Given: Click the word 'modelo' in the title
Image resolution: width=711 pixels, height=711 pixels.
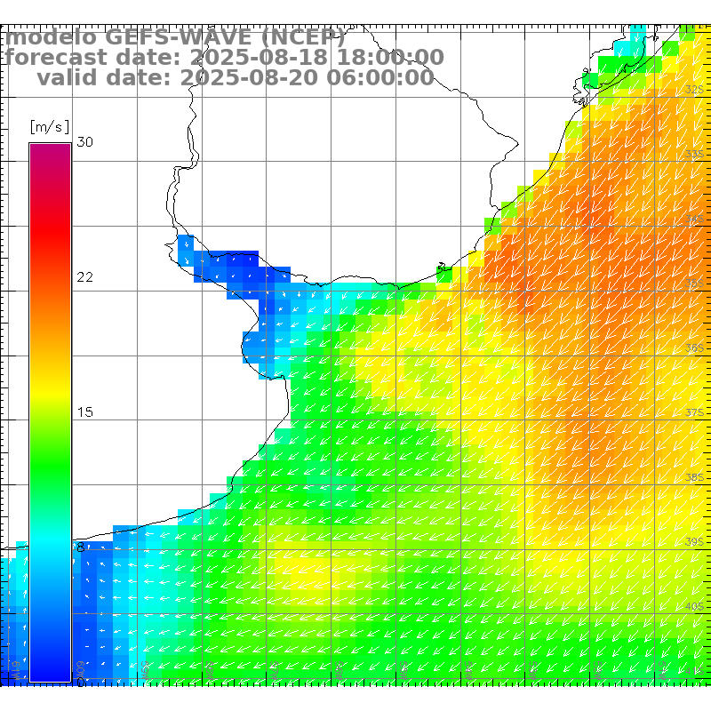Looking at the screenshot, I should coord(50,38).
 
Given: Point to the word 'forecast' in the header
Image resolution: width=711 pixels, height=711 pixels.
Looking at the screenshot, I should coord(58,59).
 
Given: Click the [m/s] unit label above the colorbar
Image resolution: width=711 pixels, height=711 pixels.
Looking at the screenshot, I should coord(49,126).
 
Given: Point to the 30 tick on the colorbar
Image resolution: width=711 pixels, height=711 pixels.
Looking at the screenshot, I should coord(84,142).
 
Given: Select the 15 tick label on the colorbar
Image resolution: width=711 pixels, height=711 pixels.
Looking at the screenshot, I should coord(84,412).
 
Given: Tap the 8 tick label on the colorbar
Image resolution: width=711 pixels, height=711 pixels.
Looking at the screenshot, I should coord(81,547).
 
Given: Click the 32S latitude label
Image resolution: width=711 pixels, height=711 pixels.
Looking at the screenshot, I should coord(695,90).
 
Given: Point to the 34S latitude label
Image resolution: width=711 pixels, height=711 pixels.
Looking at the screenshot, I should coord(695,219).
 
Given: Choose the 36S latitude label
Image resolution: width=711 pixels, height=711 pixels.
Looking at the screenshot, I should coord(695,348).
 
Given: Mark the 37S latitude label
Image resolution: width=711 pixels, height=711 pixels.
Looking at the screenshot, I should coord(695,413).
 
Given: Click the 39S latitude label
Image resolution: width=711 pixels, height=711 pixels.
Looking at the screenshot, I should coord(695,541).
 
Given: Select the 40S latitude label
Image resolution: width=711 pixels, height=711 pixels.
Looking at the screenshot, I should coord(695,606).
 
